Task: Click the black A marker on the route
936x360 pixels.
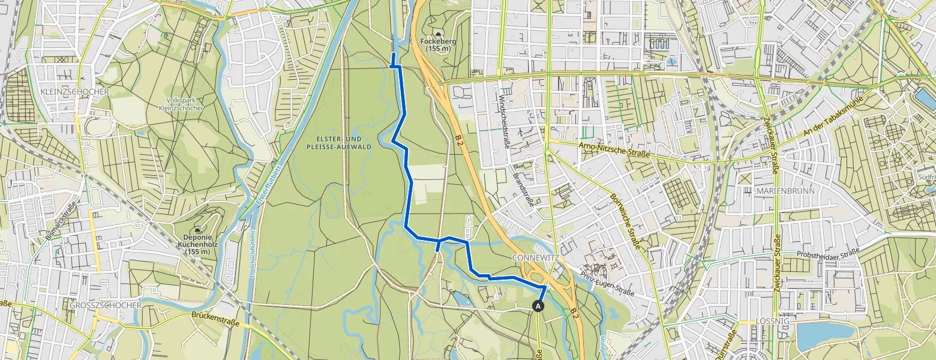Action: (x=538, y=306)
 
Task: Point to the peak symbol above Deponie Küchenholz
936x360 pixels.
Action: (x=197, y=229)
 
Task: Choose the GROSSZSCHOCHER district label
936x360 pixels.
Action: (x=105, y=305)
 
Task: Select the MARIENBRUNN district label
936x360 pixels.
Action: (x=785, y=191)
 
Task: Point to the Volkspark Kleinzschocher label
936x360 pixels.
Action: (x=186, y=104)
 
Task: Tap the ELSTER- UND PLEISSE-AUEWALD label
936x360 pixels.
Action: (x=339, y=142)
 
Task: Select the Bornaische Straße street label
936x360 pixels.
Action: (x=626, y=221)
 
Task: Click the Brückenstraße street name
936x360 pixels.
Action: (x=216, y=319)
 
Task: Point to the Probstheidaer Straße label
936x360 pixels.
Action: (x=829, y=254)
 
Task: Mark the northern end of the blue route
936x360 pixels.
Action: (x=393, y=54)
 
